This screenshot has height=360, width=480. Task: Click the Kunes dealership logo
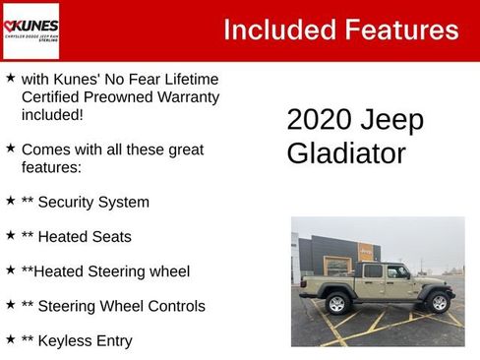30,30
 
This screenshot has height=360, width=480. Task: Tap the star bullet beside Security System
10,201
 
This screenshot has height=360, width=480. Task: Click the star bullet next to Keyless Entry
10,339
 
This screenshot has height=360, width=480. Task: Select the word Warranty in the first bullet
187,96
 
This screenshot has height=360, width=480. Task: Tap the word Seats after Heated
111,236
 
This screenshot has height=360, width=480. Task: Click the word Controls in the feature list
173,306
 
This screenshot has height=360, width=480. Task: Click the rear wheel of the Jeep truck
336,303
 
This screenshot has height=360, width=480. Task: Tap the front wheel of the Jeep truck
439,302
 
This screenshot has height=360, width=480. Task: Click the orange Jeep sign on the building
366,252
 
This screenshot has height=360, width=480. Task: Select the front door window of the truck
398,272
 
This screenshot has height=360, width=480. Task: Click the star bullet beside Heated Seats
10,235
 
